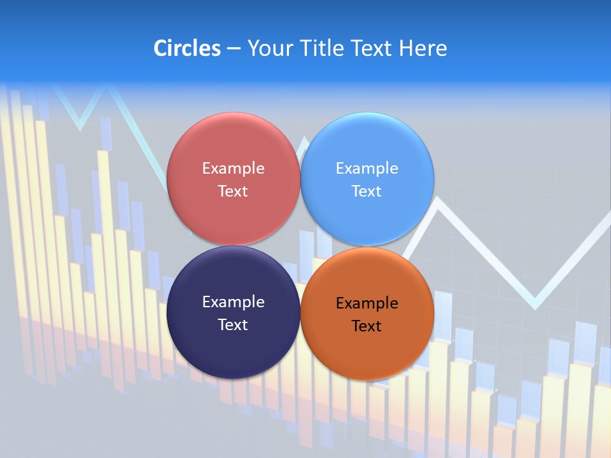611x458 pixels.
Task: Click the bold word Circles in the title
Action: (x=187, y=48)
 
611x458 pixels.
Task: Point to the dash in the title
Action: (x=234, y=49)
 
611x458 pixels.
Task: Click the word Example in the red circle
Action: (x=233, y=168)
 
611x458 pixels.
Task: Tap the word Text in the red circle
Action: (x=233, y=191)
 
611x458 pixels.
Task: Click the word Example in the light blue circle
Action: (x=367, y=168)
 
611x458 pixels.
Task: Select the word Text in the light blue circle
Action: (x=367, y=191)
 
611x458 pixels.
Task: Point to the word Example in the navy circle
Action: (x=233, y=302)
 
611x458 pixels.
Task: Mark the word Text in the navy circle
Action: (x=233, y=324)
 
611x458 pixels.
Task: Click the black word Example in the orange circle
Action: (x=367, y=303)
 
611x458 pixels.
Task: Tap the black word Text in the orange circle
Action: (x=367, y=326)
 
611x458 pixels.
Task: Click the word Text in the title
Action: (x=372, y=48)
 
